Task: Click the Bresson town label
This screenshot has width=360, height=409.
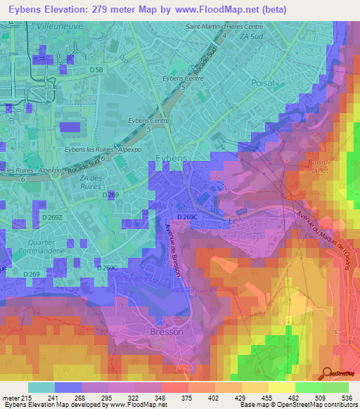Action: coord(167,332)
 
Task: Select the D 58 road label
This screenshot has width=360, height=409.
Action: coord(96,70)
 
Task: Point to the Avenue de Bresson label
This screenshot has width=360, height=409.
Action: coord(173,249)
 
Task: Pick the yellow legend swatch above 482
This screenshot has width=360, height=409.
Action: coord(281,387)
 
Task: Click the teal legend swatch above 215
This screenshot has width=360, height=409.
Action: coord(41,387)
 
